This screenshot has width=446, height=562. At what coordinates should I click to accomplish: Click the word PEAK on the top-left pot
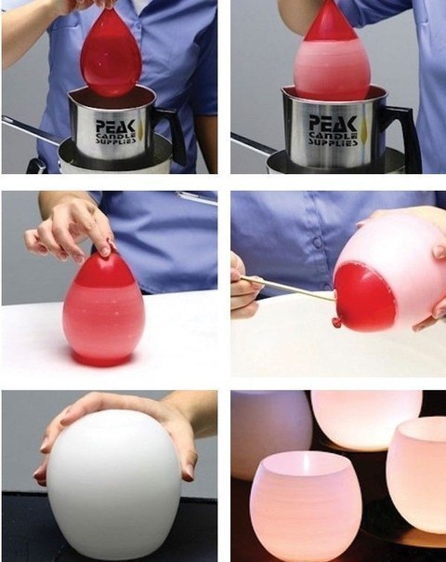(115, 127)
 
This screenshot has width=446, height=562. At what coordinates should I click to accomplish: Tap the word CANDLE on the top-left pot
(115, 136)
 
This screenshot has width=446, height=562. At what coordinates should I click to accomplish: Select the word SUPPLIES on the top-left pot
(115, 140)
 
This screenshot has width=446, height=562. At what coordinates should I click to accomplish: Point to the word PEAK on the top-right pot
(333, 124)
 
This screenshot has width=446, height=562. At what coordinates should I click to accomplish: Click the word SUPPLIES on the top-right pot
(334, 142)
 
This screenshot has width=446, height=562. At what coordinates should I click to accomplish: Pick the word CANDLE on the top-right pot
(334, 135)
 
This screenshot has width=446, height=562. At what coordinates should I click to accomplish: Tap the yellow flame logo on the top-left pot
(139, 127)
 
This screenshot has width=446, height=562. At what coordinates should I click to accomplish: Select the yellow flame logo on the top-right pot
(365, 128)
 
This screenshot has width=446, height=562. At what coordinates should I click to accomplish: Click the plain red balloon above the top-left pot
(111, 54)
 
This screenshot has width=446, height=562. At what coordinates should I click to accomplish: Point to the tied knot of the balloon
(335, 323)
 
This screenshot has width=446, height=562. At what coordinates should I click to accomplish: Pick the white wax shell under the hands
(114, 484)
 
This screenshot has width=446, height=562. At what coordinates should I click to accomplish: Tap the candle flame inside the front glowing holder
(306, 462)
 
